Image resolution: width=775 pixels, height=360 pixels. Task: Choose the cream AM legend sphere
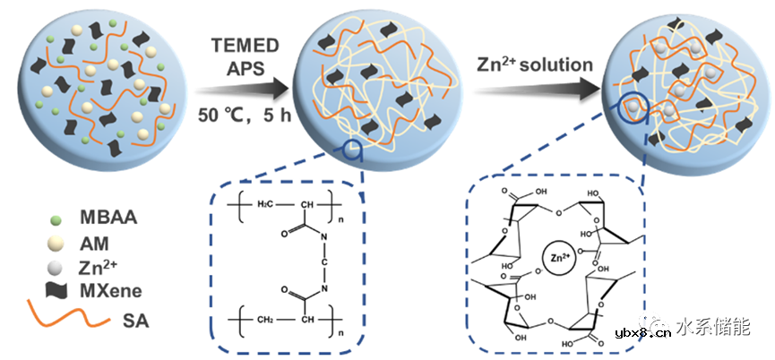tap(55, 244)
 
